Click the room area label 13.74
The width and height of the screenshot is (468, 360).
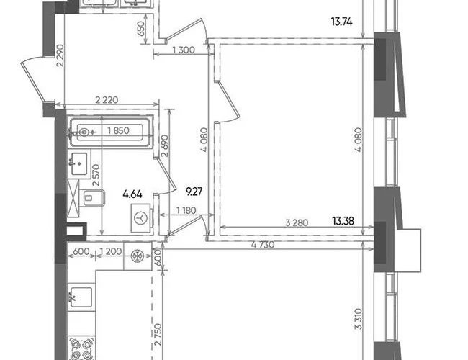pyautogui.click(x=341, y=22)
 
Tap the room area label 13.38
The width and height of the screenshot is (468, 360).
pyautogui.click(x=343, y=221)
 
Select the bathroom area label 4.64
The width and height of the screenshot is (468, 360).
pyautogui.click(x=132, y=194)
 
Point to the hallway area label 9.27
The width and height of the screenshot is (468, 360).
pyautogui.click(x=194, y=192)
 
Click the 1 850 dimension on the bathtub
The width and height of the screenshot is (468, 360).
pyautogui.click(x=118, y=130)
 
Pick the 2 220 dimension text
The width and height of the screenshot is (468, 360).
pyautogui.click(x=107, y=99)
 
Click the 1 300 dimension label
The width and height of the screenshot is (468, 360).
pyautogui.click(x=184, y=50)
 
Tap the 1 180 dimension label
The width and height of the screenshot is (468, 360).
pyautogui.click(x=186, y=210)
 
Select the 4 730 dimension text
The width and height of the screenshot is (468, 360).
pyautogui.click(x=263, y=245)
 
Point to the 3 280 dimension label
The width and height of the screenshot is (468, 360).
pyautogui.click(x=297, y=222)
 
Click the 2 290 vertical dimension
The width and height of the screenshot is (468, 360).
pyautogui.click(x=60, y=55)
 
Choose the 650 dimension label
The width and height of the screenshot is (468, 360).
pyautogui.click(x=141, y=29)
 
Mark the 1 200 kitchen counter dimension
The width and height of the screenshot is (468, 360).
pyautogui.click(x=110, y=251)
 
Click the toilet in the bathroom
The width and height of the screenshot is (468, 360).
pyautogui.click(x=93, y=197)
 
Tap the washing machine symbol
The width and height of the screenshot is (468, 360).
pyautogui.click(x=141, y=218)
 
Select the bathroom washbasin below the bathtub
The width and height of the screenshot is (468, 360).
pyautogui.click(x=78, y=163)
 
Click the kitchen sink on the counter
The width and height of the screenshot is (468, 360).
pyautogui.click(x=81, y=297)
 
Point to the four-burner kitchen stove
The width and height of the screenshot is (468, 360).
pyautogui.click(x=81, y=348)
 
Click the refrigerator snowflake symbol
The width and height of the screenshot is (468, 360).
pyautogui.click(x=138, y=256)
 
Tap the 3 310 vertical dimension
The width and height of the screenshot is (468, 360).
pyautogui.click(x=359, y=319)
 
